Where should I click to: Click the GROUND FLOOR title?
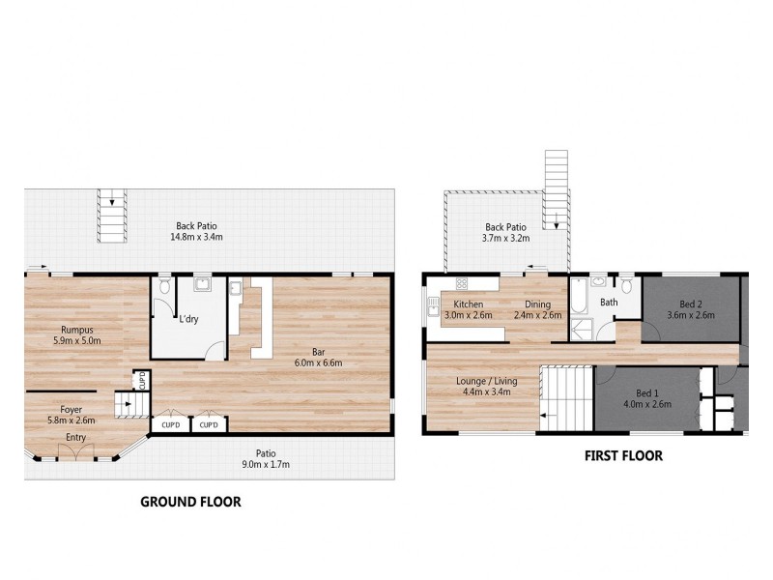[190, 502]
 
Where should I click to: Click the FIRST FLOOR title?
[624, 456]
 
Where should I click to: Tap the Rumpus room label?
[75, 329]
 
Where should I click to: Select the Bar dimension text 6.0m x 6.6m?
[319, 362]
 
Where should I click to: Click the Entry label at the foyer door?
[74, 438]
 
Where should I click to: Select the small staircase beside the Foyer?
[126, 404]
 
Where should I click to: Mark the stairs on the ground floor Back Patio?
[111, 217]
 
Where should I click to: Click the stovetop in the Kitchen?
[462, 284]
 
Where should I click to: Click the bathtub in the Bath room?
[578, 299]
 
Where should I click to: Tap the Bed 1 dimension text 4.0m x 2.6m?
[647, 405]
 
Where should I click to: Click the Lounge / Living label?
[486, 381]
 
